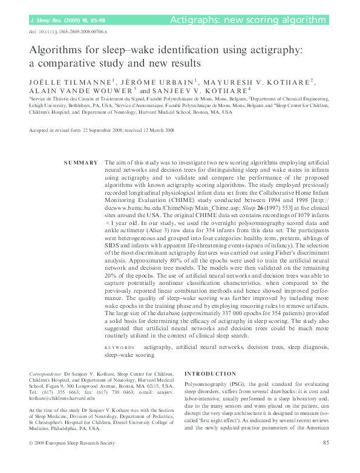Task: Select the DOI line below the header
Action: (x=65, y=30)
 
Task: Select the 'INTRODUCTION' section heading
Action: (x=210, y=373)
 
